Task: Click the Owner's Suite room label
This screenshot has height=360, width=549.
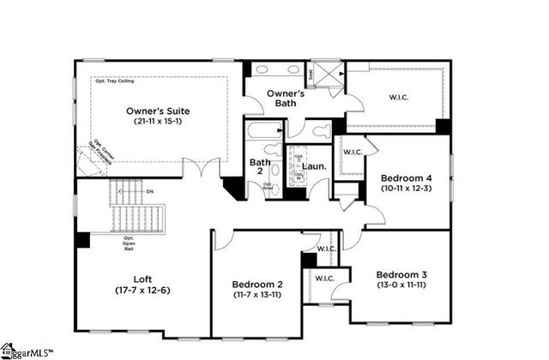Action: (x=158, y=111)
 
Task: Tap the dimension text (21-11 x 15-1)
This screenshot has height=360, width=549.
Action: (x=158, y=122)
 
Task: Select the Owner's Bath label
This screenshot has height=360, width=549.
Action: (x=287, y=98)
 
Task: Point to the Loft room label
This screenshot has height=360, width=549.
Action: (x=143, y=279)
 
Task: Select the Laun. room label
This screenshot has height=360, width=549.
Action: (x=314, y=156)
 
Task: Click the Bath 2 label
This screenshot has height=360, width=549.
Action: (x=260, y=166)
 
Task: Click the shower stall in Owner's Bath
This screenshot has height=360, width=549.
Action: (x=326, y=74)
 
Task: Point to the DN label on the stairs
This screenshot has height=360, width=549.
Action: (x=150, y=192)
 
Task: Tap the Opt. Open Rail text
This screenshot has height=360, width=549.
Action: (x=129, y=243)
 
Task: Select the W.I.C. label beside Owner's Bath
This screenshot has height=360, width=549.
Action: (x=399, y=97)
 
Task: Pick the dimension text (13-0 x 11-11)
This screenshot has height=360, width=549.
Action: (x=401, y=285)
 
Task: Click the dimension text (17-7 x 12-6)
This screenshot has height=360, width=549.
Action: (x=143, y=290)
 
